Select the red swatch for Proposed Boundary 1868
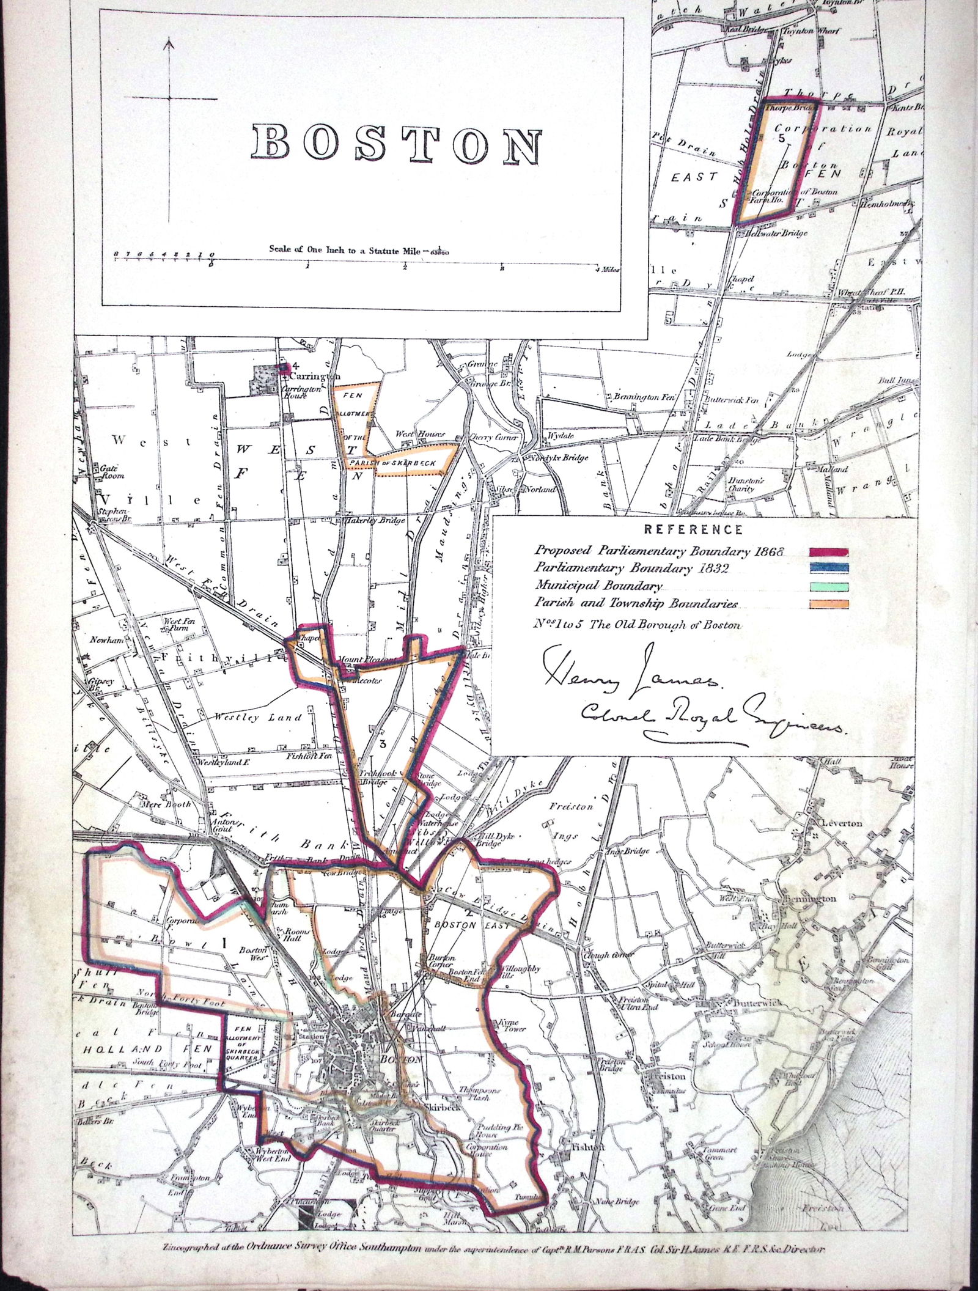pyautogui.click(x=828, y=552)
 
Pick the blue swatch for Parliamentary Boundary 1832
pyautogui.click(x=828, y=569)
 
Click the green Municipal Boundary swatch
pyautogui.click(x=828, y=587)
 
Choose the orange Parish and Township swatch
pyautogui.click(x=828, y=604)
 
